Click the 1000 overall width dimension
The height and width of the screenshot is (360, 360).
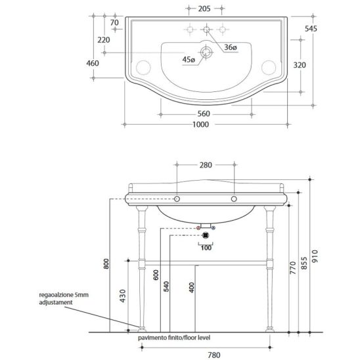200,124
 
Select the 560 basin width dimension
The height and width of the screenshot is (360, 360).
204,114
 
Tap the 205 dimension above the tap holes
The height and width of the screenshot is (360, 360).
204,9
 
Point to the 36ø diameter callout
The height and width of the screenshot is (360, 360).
231,47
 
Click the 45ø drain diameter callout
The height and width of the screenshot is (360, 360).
189,60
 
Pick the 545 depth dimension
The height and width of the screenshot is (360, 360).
311,29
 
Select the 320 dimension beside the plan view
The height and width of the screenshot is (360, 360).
300,65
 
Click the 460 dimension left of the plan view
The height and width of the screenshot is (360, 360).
93,63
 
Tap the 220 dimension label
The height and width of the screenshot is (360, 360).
104,40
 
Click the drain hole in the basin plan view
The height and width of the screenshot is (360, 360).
206,53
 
